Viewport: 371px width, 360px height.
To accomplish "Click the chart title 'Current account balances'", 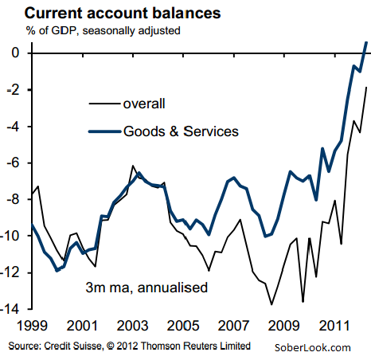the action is click(123, 13).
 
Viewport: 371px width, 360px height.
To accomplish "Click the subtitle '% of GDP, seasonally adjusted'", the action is click(103, 30).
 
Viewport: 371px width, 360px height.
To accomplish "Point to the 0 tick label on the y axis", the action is click(15, 53).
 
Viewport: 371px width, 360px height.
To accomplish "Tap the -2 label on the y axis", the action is click(13, 90).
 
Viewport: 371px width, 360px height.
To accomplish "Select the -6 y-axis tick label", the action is click(13, 162).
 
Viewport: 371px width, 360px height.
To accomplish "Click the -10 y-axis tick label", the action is click(10, 236).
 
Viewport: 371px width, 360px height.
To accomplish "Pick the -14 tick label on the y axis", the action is click(10, 309).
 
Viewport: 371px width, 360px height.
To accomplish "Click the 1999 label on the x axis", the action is click(32, 326).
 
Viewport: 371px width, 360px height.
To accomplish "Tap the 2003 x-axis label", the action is click(132, 326).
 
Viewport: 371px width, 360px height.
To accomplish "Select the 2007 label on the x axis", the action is click(233, 326).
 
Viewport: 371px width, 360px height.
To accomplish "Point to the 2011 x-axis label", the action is click(334, 326).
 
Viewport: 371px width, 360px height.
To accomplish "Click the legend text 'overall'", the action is click(144, 104).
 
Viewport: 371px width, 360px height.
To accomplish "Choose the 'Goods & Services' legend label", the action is click(181, 131).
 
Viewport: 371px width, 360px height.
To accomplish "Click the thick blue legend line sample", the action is click(104, 131).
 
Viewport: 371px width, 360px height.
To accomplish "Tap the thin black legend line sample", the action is click(104, 104).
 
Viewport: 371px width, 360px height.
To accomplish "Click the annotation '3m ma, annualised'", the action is click(146, 288).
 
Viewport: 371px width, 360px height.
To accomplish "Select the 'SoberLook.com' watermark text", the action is click(312, 347).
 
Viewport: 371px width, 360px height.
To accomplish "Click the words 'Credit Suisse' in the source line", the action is click(72, 346).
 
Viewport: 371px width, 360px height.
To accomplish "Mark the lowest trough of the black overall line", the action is click(271, 304).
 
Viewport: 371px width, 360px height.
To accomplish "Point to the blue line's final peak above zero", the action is click(366, 42).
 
